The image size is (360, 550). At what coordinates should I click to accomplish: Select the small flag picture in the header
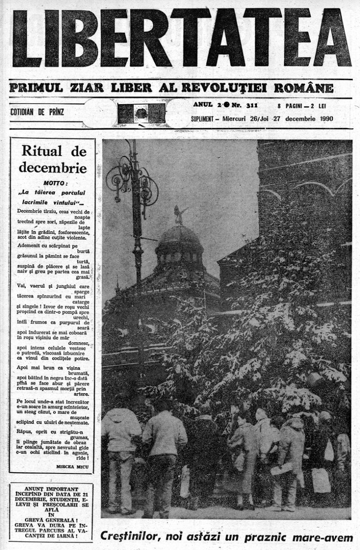point(141,113)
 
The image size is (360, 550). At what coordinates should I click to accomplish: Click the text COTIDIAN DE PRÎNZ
point(37,111)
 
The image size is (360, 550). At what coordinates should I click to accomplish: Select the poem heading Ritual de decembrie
point(52,157)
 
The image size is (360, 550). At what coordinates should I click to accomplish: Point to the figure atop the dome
point(178,214)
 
